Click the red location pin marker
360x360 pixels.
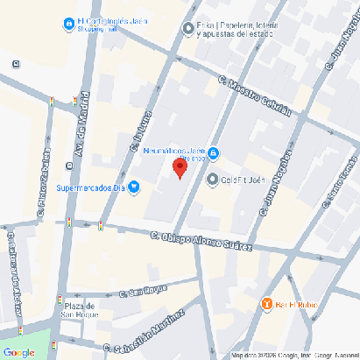179,168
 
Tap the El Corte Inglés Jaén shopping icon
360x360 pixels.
68,23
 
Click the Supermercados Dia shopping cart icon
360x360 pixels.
134,187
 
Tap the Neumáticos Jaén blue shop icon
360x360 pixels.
215,155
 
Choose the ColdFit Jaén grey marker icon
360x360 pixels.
212,180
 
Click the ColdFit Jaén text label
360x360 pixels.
243,180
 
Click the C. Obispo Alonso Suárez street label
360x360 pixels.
201,241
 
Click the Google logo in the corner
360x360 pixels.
18,352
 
